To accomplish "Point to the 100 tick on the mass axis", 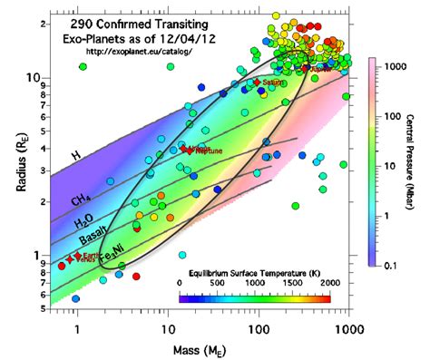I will tap(257, 328).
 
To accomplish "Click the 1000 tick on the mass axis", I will tap(345, 328).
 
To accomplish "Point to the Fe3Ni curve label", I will tap(111, 253).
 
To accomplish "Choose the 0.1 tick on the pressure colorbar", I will tap(392, 265).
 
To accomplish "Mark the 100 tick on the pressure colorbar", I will tap(393, 117).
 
